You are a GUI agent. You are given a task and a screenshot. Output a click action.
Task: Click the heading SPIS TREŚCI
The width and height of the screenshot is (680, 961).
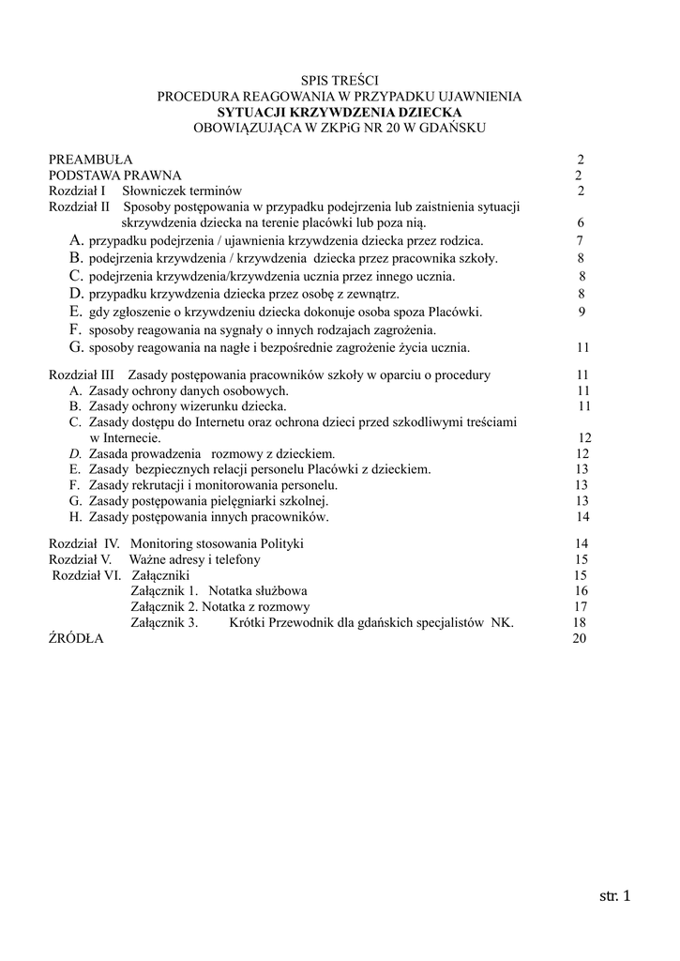pos(339,82)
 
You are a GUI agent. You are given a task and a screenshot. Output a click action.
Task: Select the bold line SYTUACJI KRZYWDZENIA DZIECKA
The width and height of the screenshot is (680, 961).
pos(339,111)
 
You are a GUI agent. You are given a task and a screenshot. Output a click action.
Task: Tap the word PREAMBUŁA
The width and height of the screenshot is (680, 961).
pos(91,160)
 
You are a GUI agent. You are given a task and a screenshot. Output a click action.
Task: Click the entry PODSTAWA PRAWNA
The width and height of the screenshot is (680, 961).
pos(115,175)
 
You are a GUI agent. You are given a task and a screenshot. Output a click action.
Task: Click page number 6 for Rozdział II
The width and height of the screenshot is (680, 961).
pos(581,223)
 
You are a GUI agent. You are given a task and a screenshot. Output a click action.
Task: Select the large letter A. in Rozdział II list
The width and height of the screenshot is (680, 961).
pos(78,241)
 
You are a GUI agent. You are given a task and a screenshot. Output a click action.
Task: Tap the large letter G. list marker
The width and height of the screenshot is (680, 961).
pos(78,348)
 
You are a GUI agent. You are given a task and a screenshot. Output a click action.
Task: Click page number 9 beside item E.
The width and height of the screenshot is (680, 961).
pos(582,313)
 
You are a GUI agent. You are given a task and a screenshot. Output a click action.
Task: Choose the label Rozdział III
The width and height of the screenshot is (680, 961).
pos(81,375)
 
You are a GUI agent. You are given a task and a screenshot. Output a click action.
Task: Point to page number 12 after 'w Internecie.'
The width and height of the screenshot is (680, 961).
pos(584,438)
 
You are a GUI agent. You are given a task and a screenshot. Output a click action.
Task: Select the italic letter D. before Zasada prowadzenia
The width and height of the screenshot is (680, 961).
pos(76,453)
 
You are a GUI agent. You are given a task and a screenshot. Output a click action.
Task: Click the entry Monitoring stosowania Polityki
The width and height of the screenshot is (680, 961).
pos(217,543)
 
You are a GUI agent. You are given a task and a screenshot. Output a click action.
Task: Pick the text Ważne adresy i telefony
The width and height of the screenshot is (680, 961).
pos(194,559)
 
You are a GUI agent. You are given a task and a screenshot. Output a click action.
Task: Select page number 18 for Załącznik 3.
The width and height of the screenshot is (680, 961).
pos(579,623)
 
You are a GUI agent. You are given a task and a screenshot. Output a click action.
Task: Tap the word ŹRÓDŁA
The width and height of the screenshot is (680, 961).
pos(76,638)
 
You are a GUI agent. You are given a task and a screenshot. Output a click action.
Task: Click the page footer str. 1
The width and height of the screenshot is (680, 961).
pos(615,896)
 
